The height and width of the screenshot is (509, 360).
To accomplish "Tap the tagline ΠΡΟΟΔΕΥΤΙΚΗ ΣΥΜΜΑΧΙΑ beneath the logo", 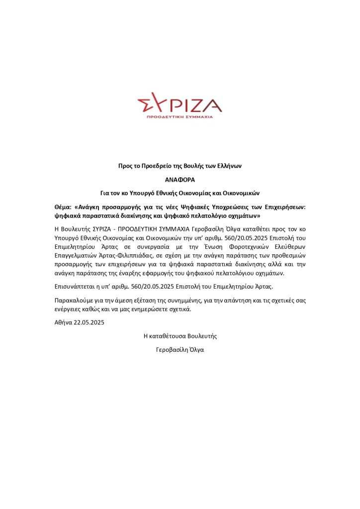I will click(x=180, y=116).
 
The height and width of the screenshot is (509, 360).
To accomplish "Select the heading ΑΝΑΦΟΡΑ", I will click(x=180, y=179).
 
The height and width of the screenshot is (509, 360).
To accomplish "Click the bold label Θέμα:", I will click(x=64, y=206).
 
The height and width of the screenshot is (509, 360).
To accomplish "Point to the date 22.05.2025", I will click(x=90, y=322).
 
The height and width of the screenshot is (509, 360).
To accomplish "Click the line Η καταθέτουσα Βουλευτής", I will click(x=180, y=336).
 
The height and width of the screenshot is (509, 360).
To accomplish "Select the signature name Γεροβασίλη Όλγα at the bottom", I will click(x=180, y=349).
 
